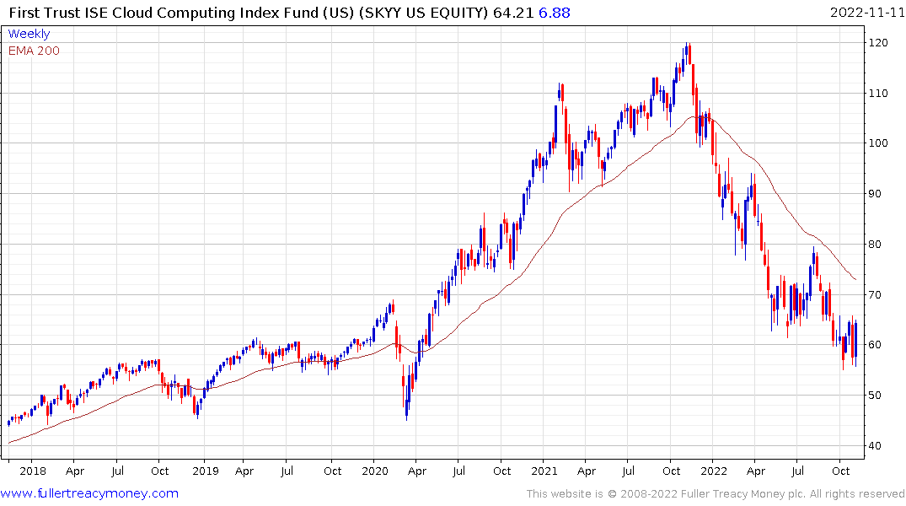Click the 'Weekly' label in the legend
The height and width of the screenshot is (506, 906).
point(29,34)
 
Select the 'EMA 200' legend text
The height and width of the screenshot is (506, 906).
point(34,51)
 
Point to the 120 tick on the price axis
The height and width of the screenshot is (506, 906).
point(881,43)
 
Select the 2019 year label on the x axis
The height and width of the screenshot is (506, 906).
point(203,471)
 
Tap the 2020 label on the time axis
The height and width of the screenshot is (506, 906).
point(374,471)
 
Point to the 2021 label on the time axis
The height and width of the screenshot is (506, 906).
point(545,471)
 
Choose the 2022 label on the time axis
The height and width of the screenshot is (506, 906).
point(714,471)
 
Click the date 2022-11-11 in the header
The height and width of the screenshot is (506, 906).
point(865,13)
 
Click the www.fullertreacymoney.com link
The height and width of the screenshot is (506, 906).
point(89,493)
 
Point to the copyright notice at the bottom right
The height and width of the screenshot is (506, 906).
point(716,493)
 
